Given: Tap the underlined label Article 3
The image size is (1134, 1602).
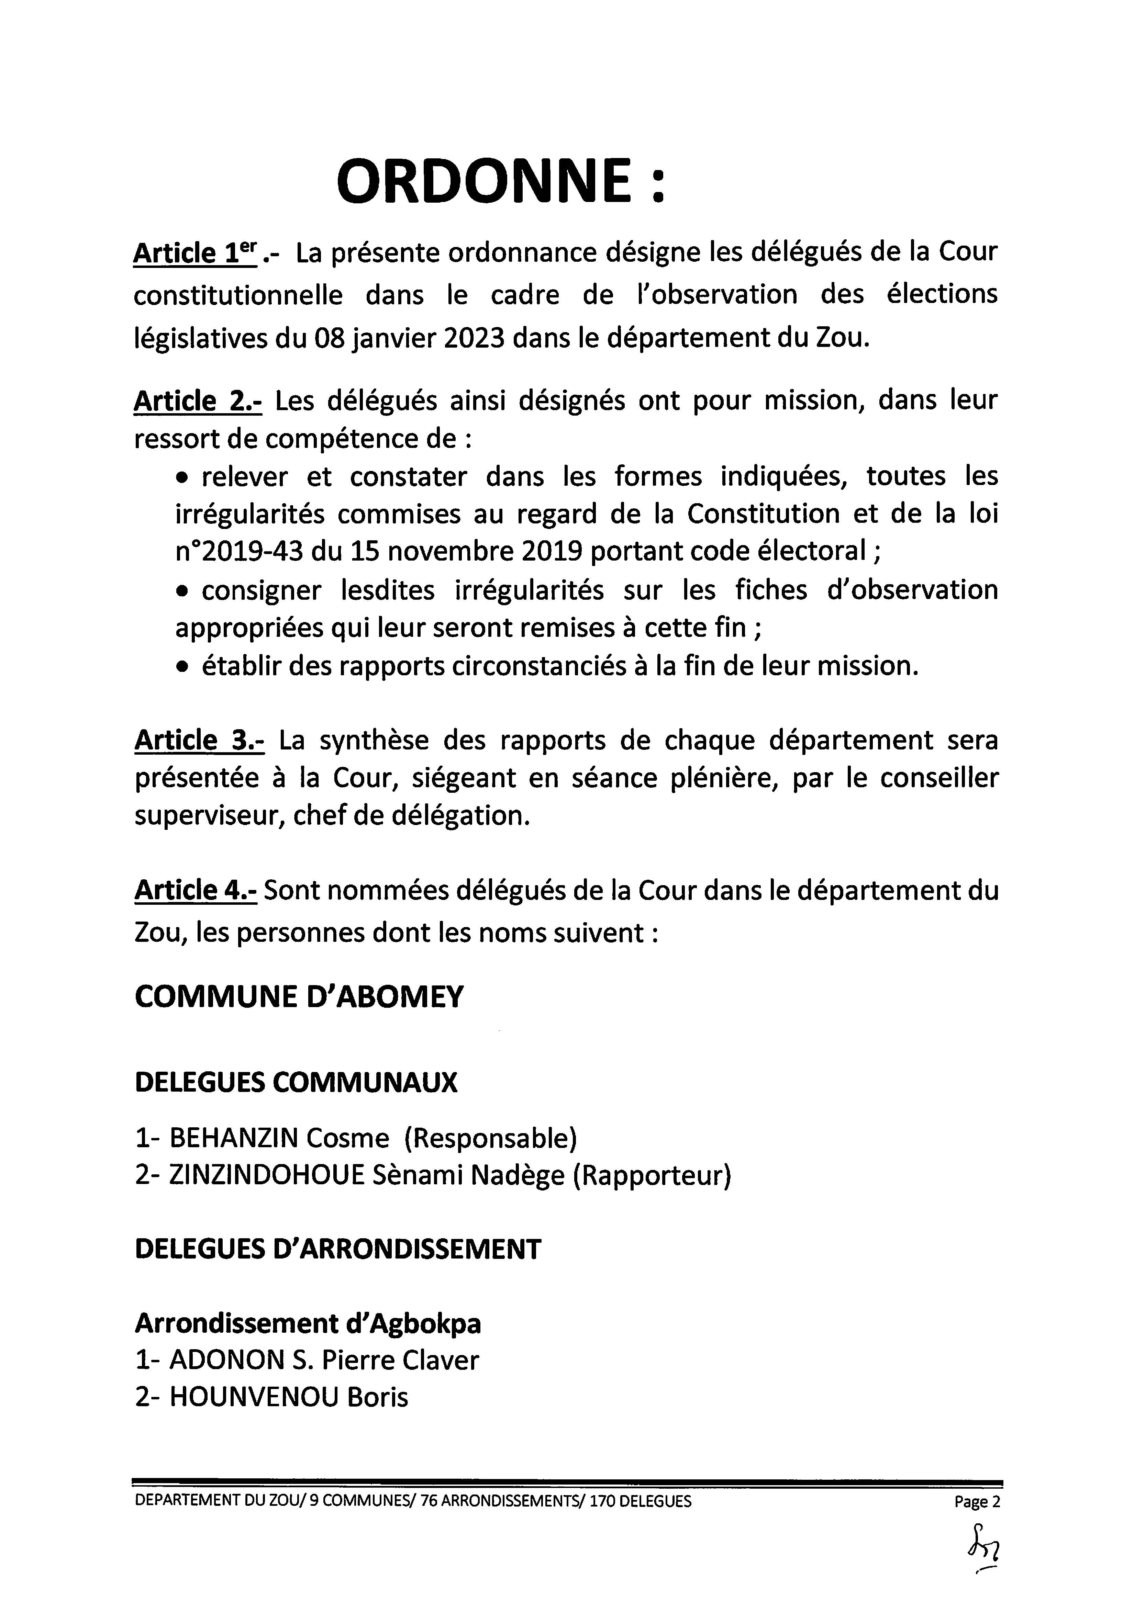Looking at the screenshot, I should click(x=199, y=740).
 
